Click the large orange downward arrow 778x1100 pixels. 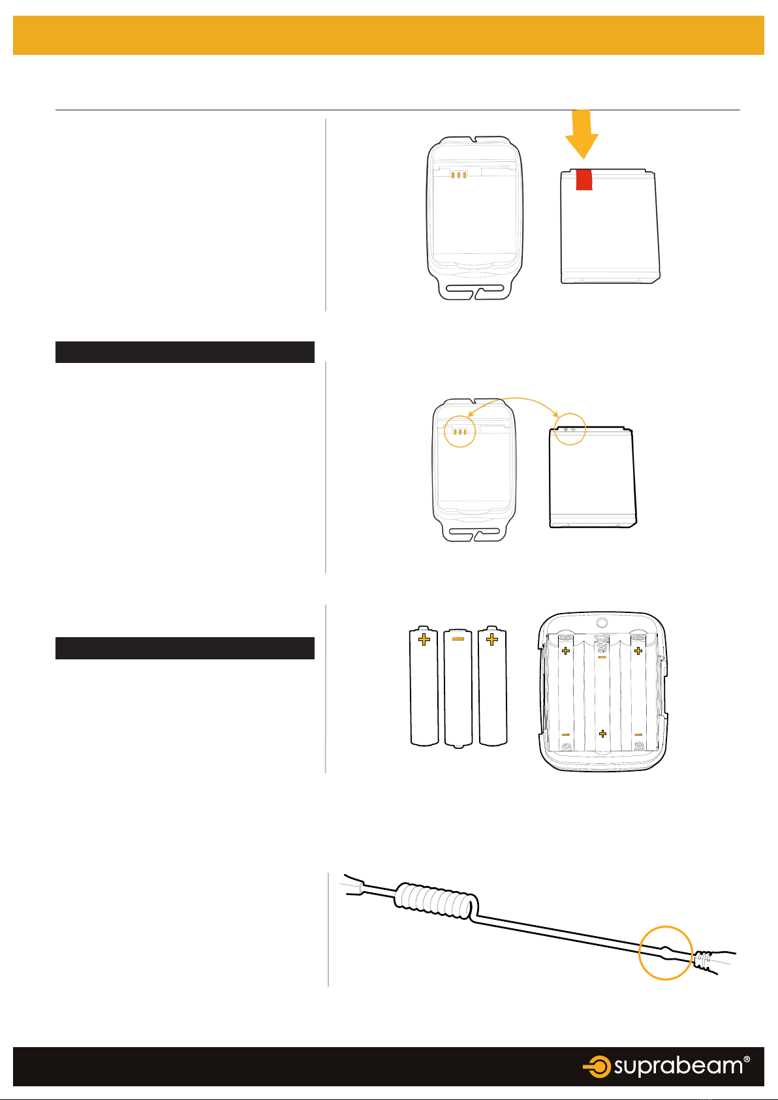[582, 134]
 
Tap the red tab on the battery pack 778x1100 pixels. [584, 180]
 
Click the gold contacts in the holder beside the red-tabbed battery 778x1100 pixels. [458, 175]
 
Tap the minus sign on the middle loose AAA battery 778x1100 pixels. [458, 638]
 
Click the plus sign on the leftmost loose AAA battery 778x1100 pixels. [424, 639]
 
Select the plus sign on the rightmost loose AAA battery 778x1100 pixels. [492, 639]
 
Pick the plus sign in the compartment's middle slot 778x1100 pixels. [602, 734]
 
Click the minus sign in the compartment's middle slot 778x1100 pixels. [602, 657]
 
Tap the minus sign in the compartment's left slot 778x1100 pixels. [566, 734]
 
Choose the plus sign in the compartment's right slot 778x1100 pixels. [638, 651]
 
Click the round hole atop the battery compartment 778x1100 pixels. [602, 623]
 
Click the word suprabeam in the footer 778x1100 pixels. [678, 1067]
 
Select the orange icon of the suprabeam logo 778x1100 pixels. [597, 1067]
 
